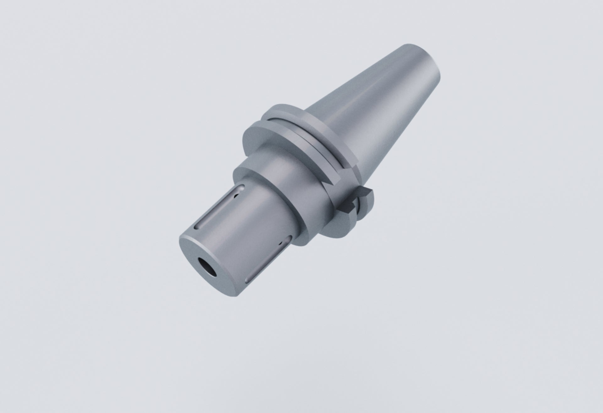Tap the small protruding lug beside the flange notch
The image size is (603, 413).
pos(366,191)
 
